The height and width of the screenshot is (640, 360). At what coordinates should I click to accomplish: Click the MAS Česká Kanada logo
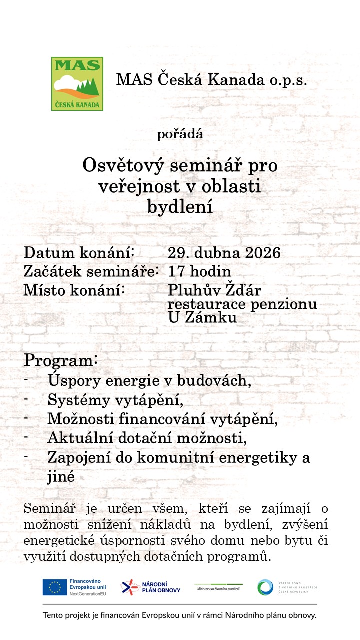(77, 83)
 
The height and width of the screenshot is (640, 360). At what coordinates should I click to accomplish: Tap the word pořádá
(180, 134)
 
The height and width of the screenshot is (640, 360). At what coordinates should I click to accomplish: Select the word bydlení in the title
(180, 207)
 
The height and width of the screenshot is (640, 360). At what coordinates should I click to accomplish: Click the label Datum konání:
(80, 252)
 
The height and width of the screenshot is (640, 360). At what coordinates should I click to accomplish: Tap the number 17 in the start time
(175, 271)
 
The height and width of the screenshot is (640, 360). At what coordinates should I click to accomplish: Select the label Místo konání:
(74, 290)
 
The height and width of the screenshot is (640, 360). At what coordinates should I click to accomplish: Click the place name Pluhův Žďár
(214, 290)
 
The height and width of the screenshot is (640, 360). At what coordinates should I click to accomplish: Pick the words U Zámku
(202, 317)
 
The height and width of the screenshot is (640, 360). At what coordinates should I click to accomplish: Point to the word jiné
(61, 476)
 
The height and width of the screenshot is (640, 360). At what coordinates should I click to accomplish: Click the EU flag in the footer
(55, 587)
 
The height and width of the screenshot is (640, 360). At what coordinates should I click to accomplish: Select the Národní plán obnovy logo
(151, 587)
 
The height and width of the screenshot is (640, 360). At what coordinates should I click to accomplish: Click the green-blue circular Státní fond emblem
(265, 587)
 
